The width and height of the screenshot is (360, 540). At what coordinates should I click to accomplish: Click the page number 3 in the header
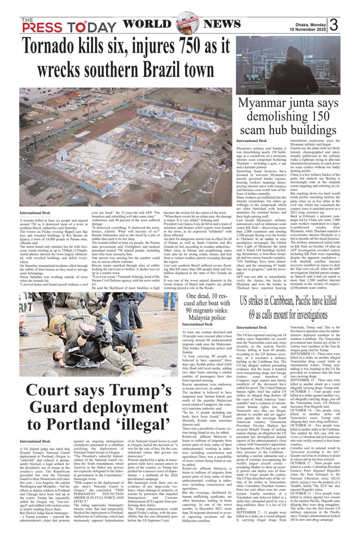tap(333, 25)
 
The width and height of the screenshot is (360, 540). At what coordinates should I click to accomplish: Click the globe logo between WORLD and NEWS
tap(187, 23)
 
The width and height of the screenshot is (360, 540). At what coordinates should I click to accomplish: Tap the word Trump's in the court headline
tap(145, 390)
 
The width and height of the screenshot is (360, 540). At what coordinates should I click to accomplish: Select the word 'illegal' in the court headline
tap(141, 424)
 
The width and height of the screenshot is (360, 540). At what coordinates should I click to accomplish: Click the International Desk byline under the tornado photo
tap(35, 213)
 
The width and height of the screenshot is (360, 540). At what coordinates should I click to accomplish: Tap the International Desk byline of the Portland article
tap(35, 441)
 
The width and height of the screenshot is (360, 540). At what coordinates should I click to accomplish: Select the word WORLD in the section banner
tap(147, 24)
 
